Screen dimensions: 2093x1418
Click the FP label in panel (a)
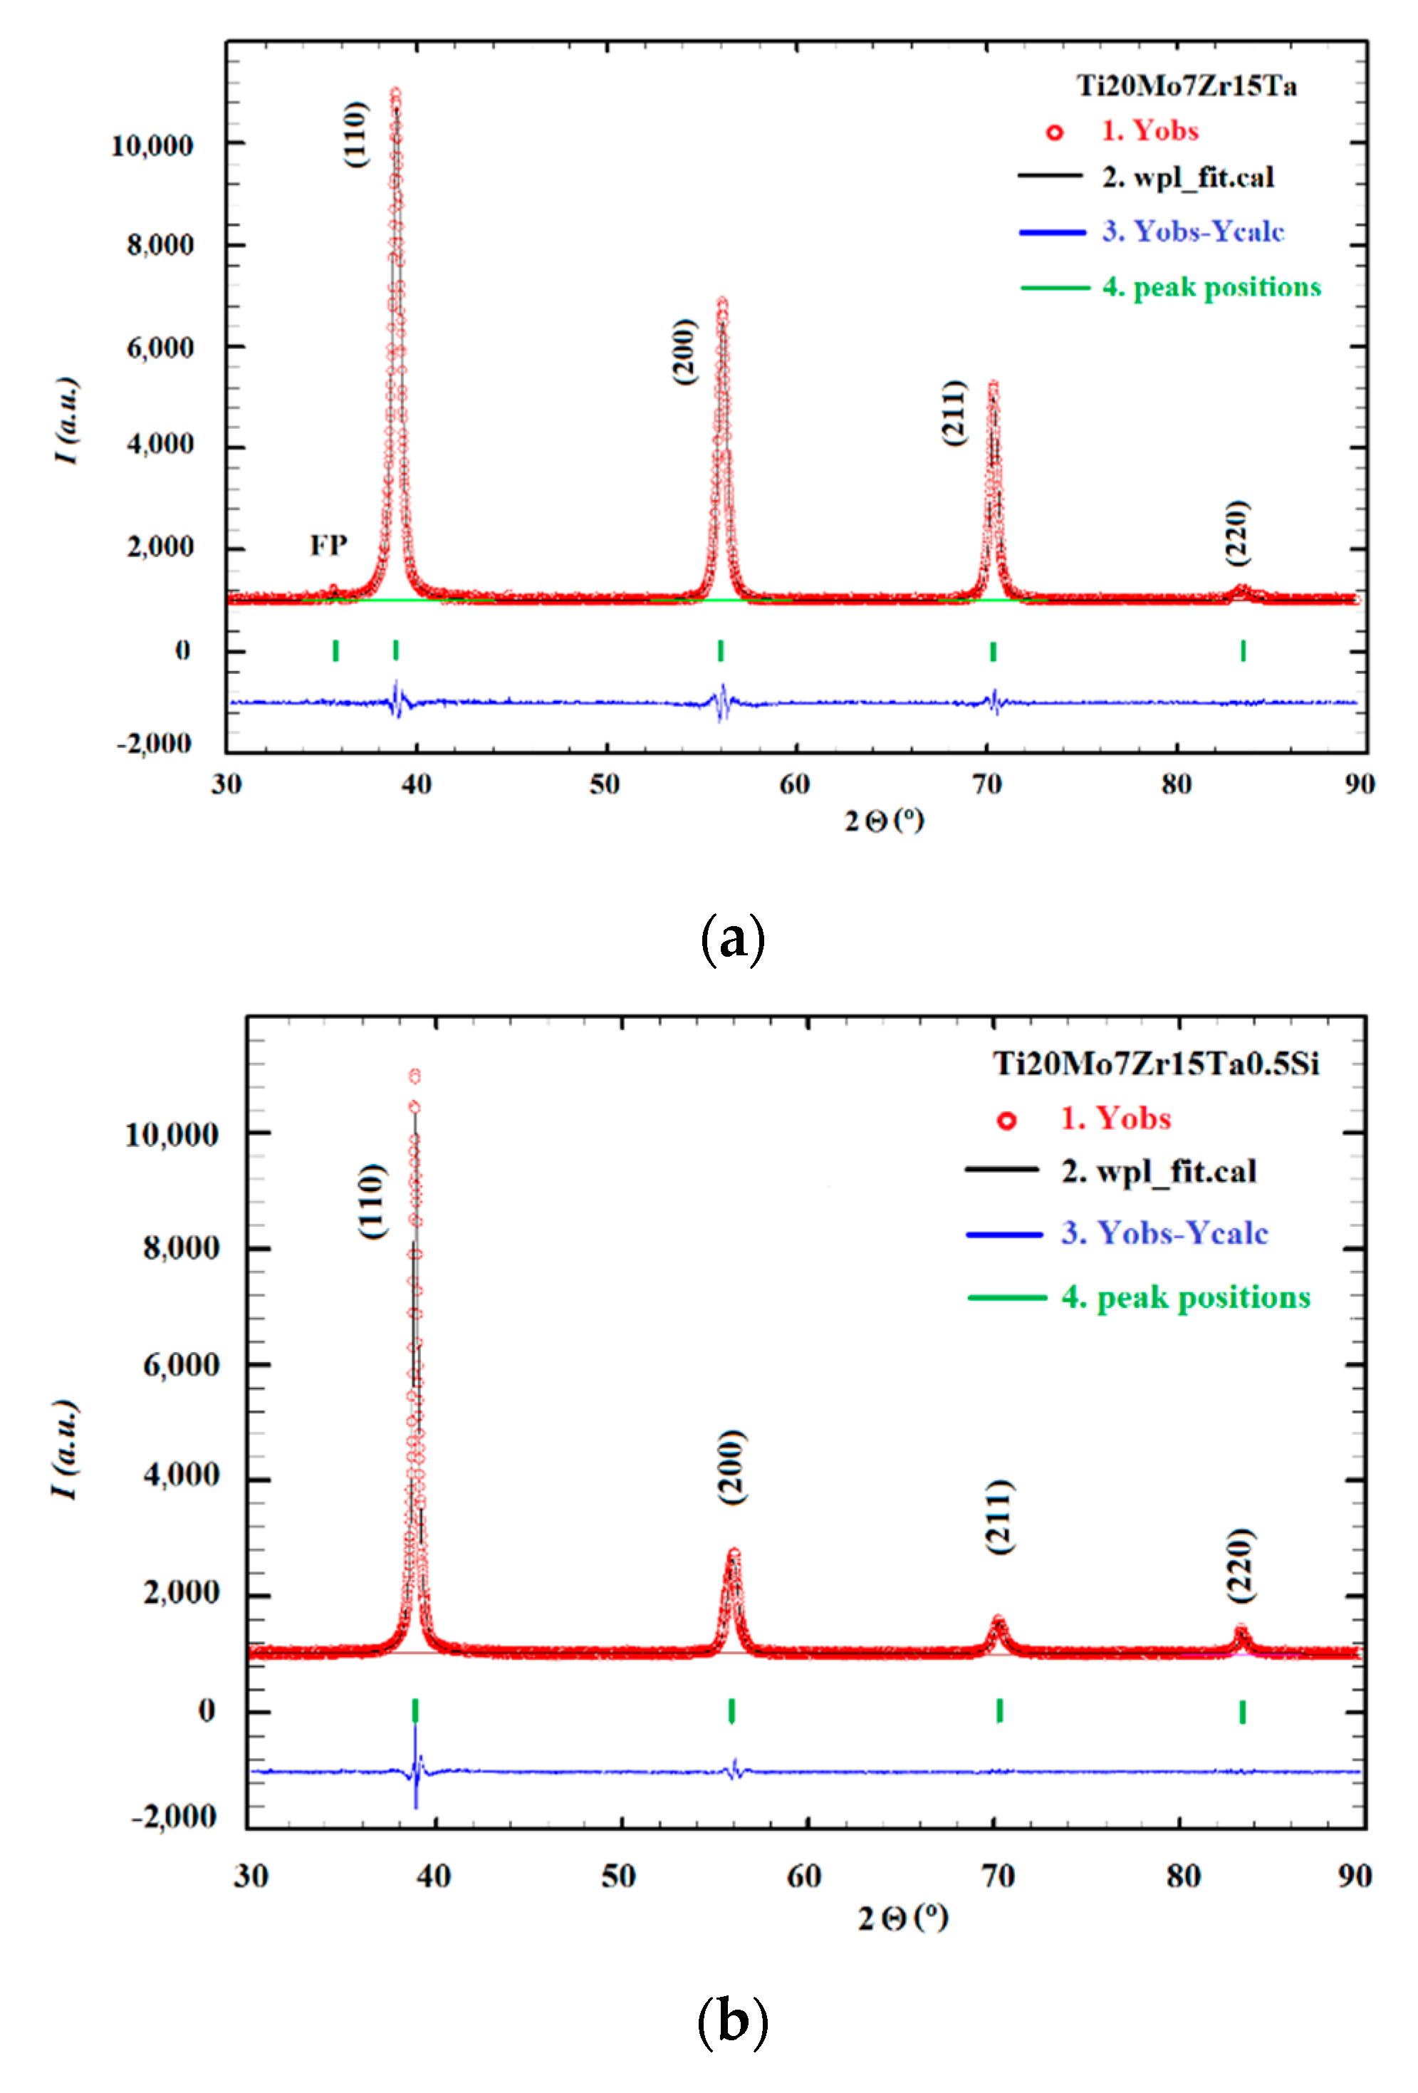click(x=328, y=545)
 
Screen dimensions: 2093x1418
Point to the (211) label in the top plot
click(x=954, y=412)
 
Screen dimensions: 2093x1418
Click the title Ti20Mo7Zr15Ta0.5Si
click(x=1155, y=1064)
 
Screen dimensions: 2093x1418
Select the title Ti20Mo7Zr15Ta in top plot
click(x=1186, y=85)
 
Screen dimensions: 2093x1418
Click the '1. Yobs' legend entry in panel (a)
click(x=1149, y=132)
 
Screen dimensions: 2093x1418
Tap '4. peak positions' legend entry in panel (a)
click(x=1211, y=287)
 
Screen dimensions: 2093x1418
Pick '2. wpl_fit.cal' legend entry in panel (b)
click(x=1158, y=1170)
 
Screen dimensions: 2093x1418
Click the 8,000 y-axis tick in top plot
click(x=160, y=245)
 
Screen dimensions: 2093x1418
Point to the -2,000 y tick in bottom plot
click(x=174, y=1817)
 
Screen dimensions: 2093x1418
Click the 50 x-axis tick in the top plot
click(x=605, y=784)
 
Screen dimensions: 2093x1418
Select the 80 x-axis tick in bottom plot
click(x=1183, y=1876)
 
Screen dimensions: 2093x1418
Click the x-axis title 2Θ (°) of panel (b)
click(x=902, y=1917)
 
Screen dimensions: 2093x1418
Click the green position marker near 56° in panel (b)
click(x=732, y=1710)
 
